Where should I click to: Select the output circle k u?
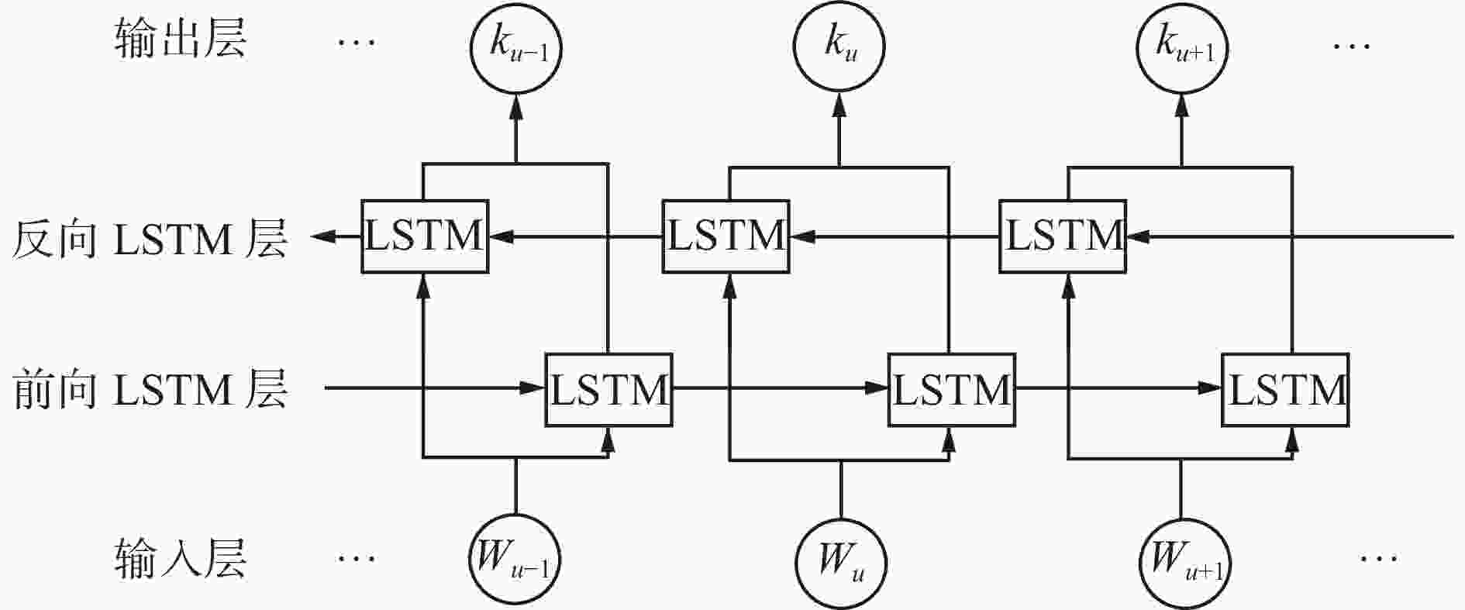[839, 46]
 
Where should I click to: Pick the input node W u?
[842, 563]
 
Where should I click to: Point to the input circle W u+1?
[1182, 563]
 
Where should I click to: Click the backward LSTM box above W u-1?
[425, 236]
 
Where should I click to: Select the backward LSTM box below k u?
[726, 236]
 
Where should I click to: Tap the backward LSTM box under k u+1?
[1063, 236]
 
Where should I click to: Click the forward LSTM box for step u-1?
[608, 390]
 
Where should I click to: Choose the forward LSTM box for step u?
[951, 390]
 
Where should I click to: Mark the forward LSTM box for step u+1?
[1285, 390]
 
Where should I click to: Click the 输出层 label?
[180, 39]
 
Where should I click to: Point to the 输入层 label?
[180, 558]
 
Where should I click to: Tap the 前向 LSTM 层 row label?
[149, 390]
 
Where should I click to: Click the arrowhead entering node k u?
[839, 104]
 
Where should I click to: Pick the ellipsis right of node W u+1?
[1378, 557]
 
